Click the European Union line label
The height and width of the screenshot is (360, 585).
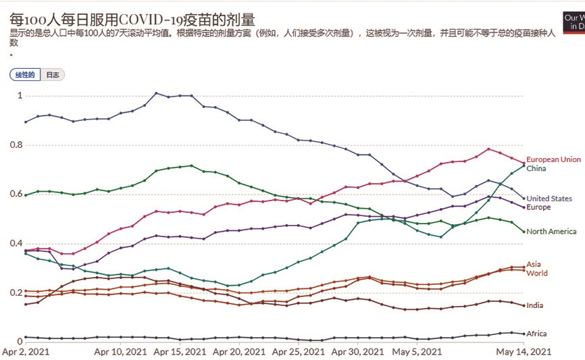pyautogui.click(x=553, y=159)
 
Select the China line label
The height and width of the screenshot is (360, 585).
pyautogui.click(x=536, y=168)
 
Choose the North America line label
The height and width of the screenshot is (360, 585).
pyautogui.click(x=551, y=232)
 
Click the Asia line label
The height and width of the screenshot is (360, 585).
pyautogui.click(x=534, y=264)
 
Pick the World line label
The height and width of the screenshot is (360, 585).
pyautogui.click(x=537, y=274)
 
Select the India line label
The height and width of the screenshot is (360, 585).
pyautogui.click(x=534, y=306)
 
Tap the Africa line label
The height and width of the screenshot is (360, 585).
pyautogui.click(x=536, y=334)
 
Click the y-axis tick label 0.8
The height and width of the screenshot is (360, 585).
pyautogui.click(x=17, y=145)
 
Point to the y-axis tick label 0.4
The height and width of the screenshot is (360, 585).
pyautogui.click(x=17, y=244)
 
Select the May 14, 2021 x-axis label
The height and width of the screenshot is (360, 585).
pyautogui.click(x=524, y=352)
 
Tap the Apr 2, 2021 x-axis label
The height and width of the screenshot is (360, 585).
pyautogui.click(x=26, y=352)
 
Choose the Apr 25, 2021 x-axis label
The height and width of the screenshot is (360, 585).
pyautogui.click(x=297, y=352)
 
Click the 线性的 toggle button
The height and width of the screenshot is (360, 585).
pyautogui.click(x=25, y=75)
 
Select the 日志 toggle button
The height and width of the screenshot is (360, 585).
pyautogui.click(x=52, y=75)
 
